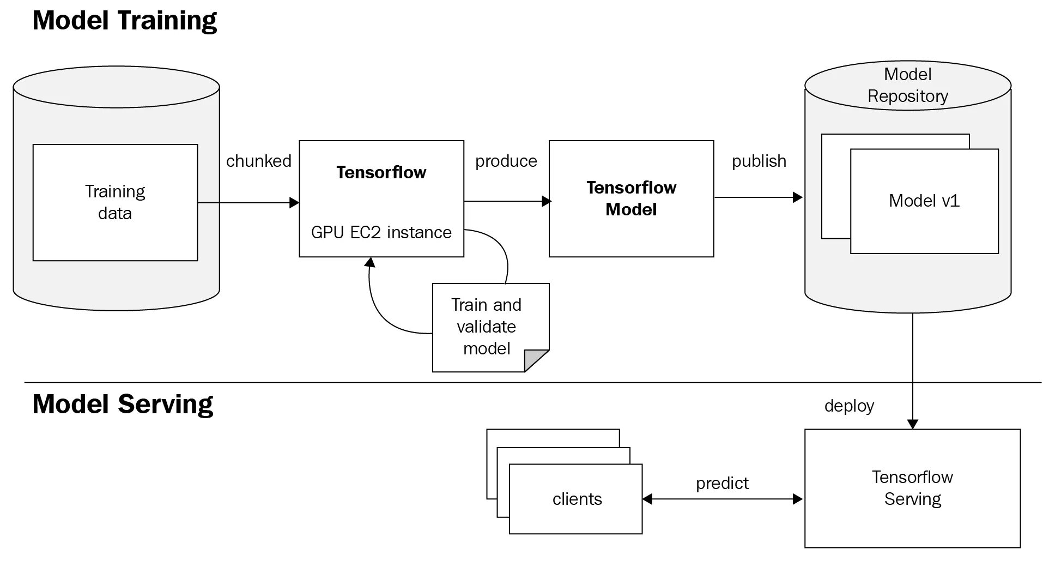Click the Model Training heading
coord(124,21)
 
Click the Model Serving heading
coord(123,405)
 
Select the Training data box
coord(115,202)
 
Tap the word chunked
coord(259,161)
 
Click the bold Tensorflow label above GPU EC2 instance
coord(381,172)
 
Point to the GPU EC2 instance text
coord(381,232)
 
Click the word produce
coord(506,161)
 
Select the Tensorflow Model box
coord(631,198)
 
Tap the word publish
coord(759,161)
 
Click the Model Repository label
coord(907,85)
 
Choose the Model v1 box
coord(924,201)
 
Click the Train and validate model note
coord(486,327)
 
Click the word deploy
coord(849,406)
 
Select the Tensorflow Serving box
coord(912,488)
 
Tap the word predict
coord(722,483)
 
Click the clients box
coord(576,499)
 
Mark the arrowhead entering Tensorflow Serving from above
coord(913,424)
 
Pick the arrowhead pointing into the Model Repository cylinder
coord(798,197)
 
